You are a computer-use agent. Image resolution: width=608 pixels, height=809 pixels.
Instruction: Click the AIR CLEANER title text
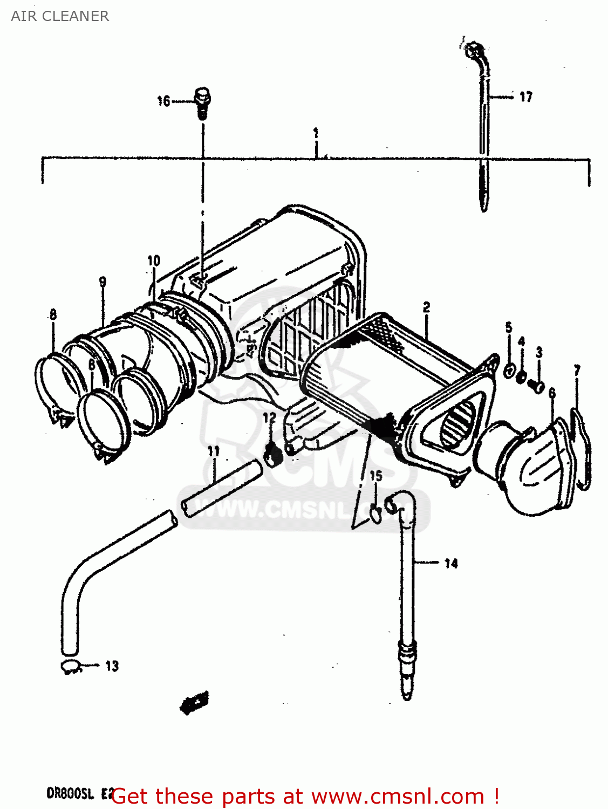[x=60, y=16]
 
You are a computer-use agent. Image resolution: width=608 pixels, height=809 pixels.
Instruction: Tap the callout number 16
[x=163, y=101]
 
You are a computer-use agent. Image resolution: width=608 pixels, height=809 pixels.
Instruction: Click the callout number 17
[x=525, y=97]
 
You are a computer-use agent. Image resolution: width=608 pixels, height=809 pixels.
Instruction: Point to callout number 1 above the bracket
[x=316, y=133]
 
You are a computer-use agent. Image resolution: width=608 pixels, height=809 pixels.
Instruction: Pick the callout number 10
[x=154, y=261]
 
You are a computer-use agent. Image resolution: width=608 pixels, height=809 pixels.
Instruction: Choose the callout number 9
[x=103, y=282]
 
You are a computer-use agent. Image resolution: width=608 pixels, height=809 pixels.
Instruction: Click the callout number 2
[x=426, y=307]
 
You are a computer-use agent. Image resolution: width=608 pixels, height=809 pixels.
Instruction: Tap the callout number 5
[x=508, y=327]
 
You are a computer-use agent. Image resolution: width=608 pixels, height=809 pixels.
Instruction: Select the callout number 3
[x=539, y=353]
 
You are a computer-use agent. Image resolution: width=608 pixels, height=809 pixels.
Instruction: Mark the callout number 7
[x=577, y=371]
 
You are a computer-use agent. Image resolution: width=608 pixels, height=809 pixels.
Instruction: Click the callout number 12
[x=269, y=417]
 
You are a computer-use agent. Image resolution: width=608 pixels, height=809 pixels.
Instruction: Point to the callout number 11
[x=214, y=451]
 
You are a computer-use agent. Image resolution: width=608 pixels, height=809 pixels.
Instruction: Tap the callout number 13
[x=112, y=666]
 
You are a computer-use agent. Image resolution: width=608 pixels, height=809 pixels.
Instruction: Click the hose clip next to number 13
[x=71, y=667]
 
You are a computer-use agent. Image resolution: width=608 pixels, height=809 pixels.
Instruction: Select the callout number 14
[x=451, y=564]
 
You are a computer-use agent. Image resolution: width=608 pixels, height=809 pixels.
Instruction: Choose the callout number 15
[x=375, y=476]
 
